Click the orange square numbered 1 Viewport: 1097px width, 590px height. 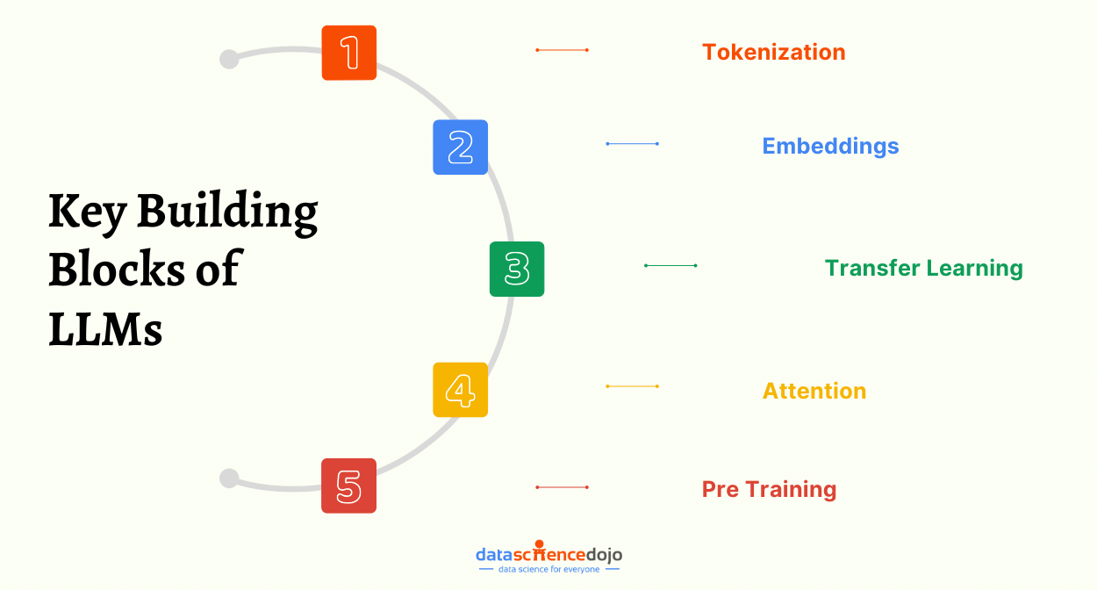coord(349,53)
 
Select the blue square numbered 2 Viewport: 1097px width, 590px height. coord(461,147)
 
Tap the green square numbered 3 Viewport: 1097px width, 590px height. coord(517,269)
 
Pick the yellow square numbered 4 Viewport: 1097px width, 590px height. coord(461,390)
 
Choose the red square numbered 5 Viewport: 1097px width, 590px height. coord(349,486)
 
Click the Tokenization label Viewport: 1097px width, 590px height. coord(773,52)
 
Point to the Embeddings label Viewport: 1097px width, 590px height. coord(830,146)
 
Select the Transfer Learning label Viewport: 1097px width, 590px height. coord(923,268)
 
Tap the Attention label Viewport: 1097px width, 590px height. coord(814,391)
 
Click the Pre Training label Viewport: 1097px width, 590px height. coord(769,489)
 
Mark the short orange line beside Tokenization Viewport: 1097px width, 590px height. coord(562,50)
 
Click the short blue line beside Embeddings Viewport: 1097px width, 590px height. coord(632,143)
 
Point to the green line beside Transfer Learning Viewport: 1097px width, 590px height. coord(670,265)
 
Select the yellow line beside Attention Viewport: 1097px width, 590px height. coord(632,386)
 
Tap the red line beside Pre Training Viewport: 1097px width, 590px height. coord(562,486)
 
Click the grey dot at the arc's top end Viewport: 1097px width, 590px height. coord(229,59)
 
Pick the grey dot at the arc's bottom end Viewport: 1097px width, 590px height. coord(229,478)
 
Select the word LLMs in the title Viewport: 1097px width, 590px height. coord(105,329)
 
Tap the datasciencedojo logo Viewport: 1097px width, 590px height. coord(548,557)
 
